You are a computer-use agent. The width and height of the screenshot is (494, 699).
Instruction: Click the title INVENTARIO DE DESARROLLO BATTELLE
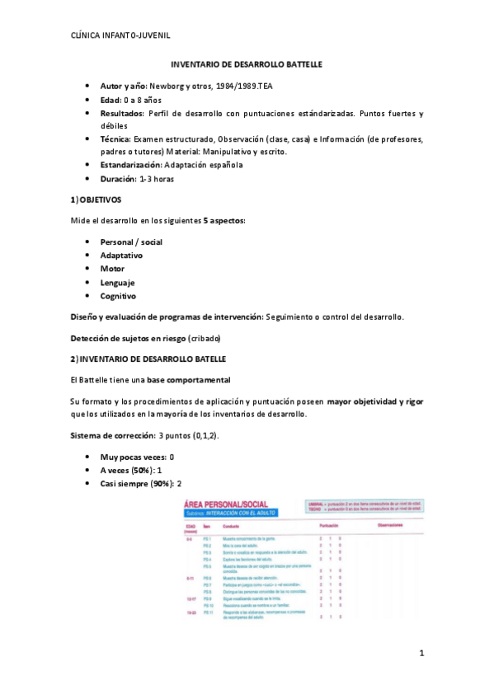246,63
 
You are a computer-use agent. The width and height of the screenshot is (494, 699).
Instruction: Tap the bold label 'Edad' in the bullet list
111,99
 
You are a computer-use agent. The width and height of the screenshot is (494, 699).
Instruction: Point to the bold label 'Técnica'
115,139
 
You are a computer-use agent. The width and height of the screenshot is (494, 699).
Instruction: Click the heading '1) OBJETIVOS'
96,199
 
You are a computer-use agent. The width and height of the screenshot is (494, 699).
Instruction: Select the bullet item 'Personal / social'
131,242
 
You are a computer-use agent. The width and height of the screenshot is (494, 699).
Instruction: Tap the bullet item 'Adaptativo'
121,256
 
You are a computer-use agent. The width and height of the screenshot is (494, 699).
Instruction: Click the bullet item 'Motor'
112,269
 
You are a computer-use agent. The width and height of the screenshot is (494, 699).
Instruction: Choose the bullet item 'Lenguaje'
118,283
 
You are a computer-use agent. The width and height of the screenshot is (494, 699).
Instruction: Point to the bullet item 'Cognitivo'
118,296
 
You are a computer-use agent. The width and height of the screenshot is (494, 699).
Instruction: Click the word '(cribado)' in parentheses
206,338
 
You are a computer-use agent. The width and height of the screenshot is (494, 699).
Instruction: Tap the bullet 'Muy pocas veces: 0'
137,456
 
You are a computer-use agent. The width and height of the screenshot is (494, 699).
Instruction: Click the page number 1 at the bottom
421,654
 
